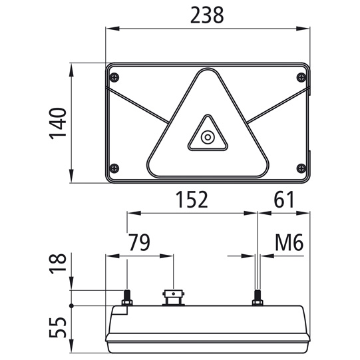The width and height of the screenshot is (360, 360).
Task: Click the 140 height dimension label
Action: click(x=59, y=123)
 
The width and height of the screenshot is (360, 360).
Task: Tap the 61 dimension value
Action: click(x=283, y=200)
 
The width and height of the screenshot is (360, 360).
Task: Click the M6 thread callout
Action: click(x=289, y=243)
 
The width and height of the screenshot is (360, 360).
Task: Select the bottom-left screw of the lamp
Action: click(x=115, y=167)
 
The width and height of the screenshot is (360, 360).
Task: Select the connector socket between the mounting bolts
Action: click(x=172, y=295)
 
